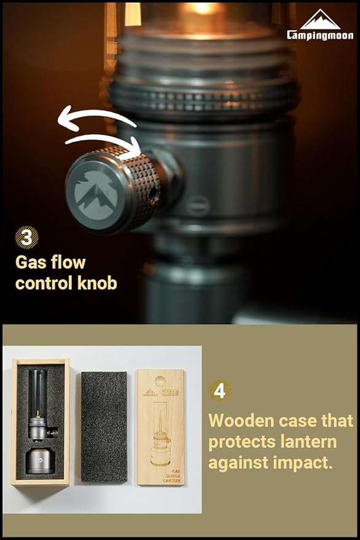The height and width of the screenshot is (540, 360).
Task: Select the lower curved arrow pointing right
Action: [104, 143]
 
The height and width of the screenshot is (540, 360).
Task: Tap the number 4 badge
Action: [219, 391]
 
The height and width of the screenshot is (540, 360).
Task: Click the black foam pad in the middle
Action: [104, 426]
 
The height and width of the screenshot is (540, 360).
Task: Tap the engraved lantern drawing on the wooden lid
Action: [160, 436]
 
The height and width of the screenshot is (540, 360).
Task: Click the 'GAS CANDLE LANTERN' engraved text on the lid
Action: [160, 474]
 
